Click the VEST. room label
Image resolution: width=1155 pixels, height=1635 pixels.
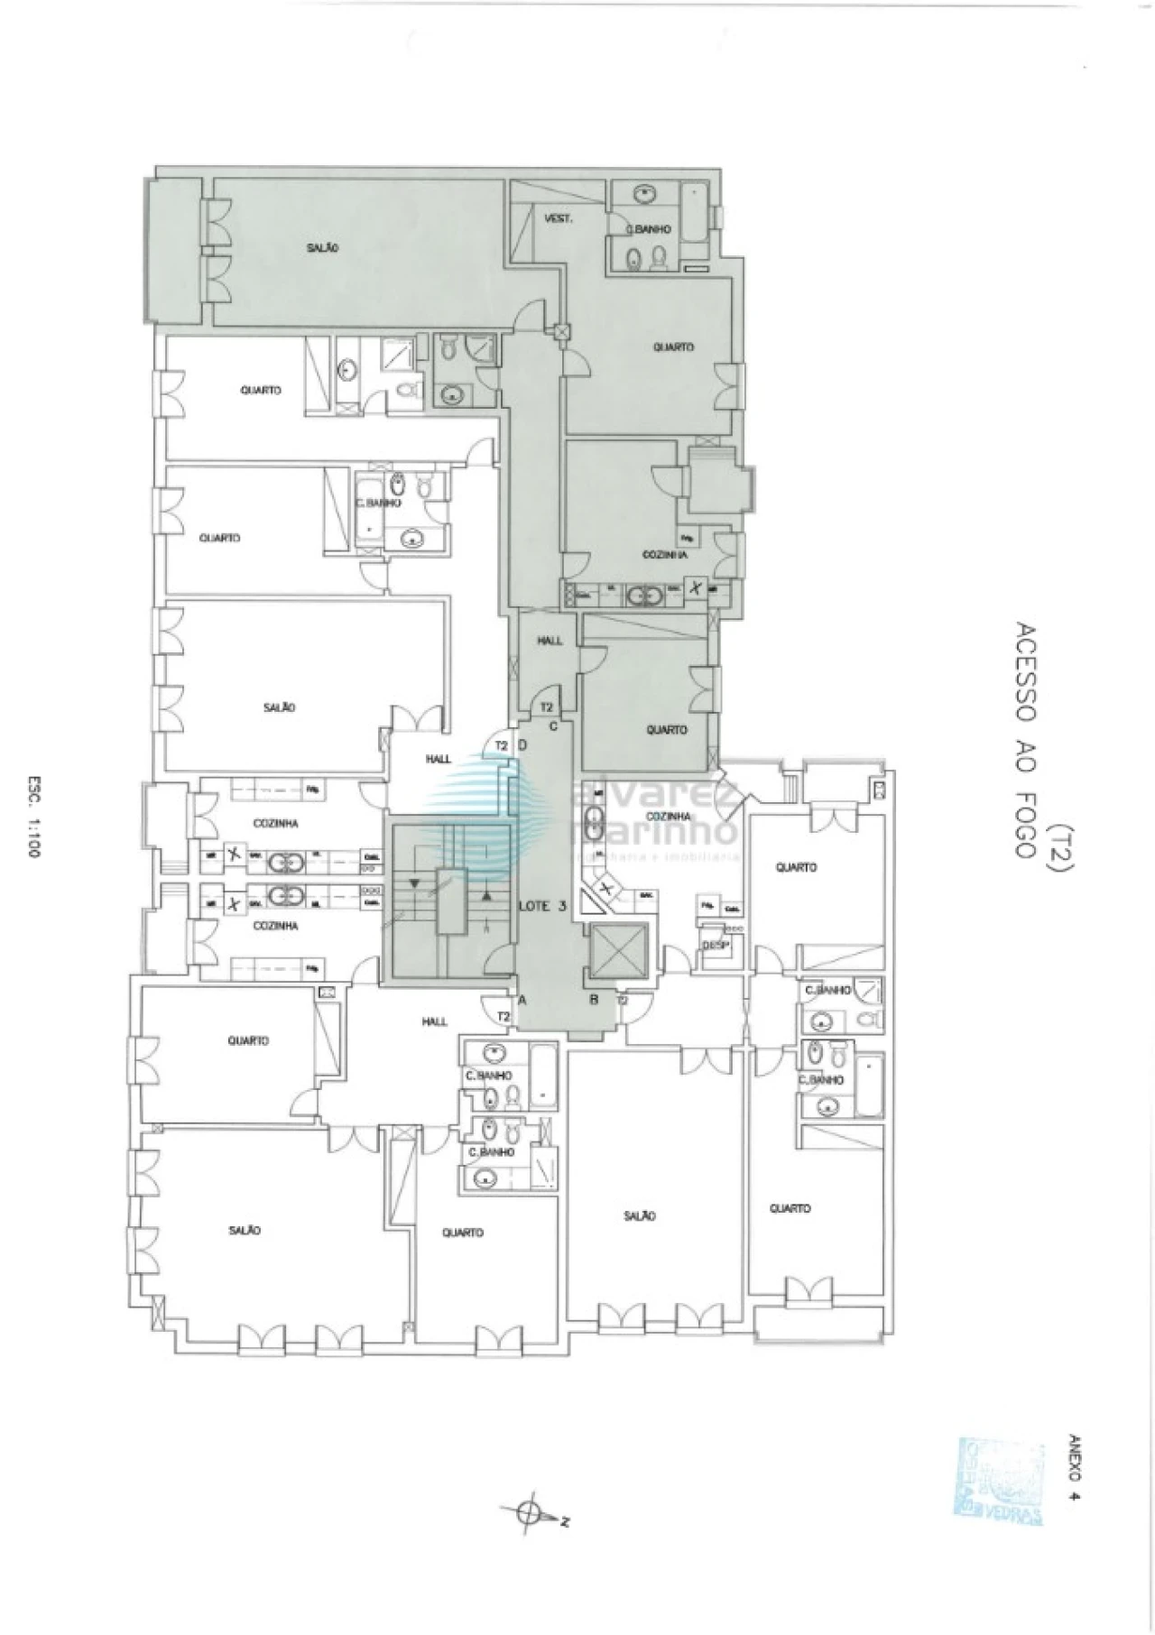(559, 219)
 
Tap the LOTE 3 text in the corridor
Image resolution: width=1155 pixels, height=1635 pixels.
(541, 907)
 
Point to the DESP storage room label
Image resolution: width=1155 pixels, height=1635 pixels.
(714, 945)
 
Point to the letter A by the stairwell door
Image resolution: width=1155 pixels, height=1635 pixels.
(522, 999)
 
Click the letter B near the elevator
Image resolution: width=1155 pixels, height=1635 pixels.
(595, 999)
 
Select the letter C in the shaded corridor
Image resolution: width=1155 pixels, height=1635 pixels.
(553, 725)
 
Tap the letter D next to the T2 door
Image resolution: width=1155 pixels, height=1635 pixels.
(522, 745)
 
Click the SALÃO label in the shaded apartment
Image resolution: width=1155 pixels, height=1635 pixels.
(321, 247)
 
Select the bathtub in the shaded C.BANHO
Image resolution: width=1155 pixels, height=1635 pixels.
(694, 214)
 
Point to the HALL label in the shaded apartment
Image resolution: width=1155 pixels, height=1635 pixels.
(550, 641)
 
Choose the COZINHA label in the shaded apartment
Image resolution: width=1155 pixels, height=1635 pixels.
(666, 555)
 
